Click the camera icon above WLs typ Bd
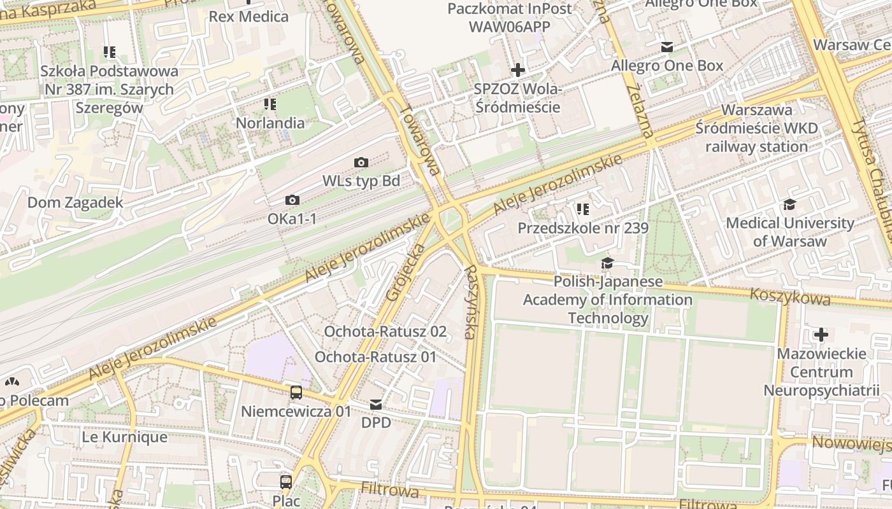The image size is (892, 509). coord(361,163)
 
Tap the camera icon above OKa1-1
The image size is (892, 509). coord(292,200)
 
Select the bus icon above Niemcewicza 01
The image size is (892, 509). coord(296,393)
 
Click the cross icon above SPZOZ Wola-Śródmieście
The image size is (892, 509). coord(518,70)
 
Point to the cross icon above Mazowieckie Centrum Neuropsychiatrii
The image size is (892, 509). coord(821,334)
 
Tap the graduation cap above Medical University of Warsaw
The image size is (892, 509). coord(789,204)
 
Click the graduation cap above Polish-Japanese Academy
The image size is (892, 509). coord(607,263)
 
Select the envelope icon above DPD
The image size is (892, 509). coord(376,405)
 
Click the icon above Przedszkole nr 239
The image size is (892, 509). coord(582,209)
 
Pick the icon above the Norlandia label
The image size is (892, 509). coord(270,104)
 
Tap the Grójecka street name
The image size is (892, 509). coord(405,272)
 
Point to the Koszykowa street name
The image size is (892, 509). coord(790,296)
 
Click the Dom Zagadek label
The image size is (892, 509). coord(75,202)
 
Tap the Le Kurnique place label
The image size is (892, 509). coord(125,437)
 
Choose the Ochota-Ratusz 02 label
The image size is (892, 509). coord(385,331)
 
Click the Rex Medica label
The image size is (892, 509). coord(248,17)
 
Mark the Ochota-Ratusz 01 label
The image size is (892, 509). coord(375,357)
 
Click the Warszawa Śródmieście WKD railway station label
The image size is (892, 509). coord(756,129)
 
